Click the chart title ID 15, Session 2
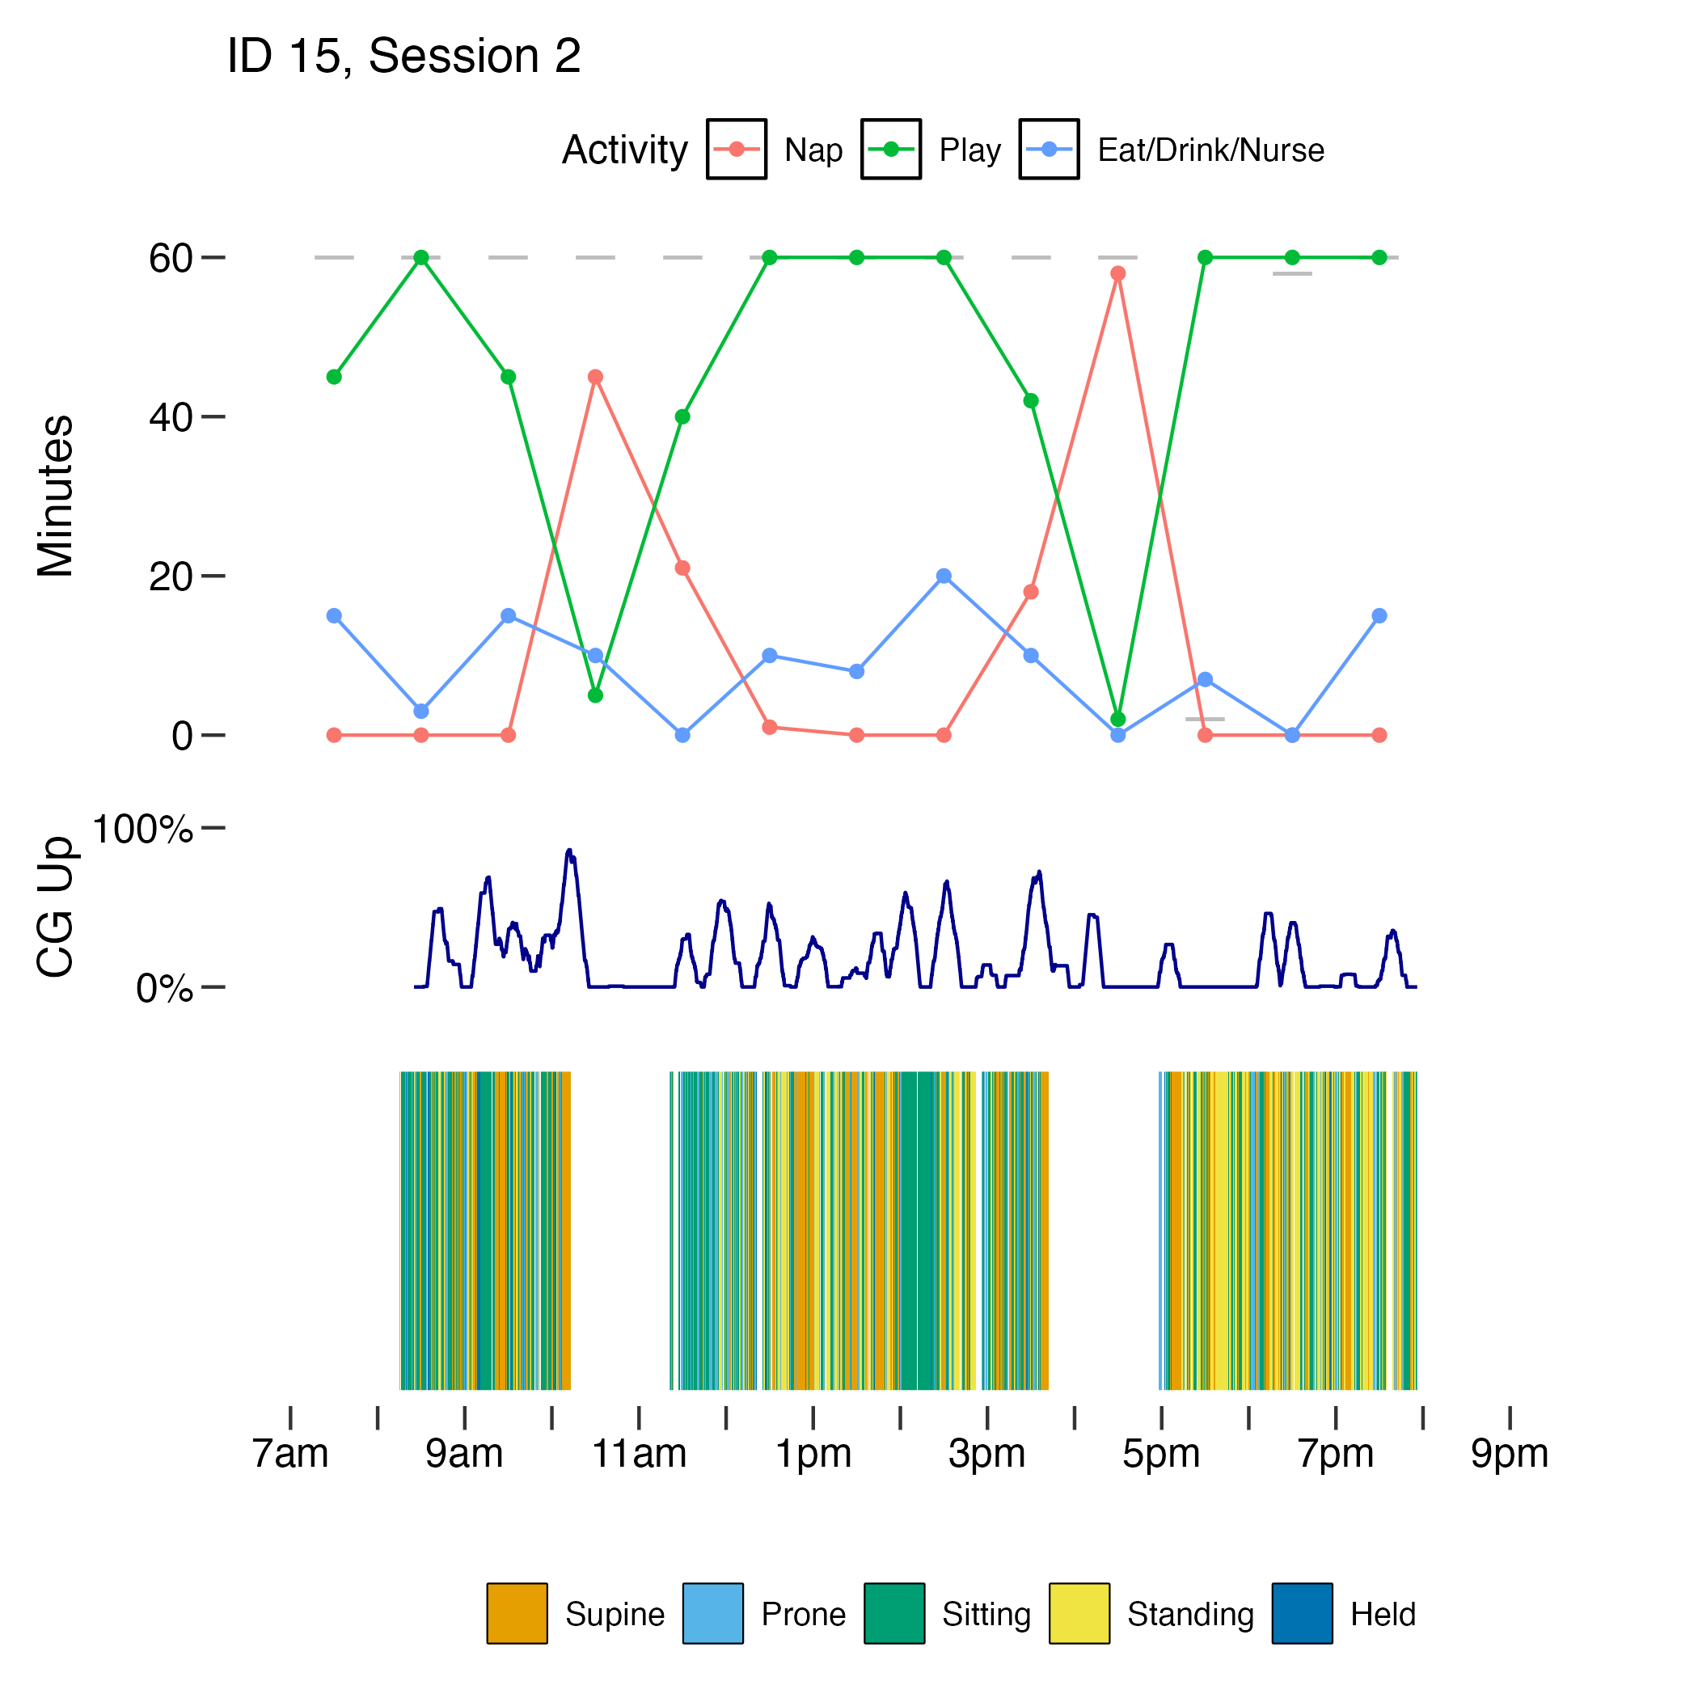pos(403,57)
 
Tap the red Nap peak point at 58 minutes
pos(1117,274)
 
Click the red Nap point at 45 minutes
pos(595,377)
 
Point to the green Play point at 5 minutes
pos(595,695)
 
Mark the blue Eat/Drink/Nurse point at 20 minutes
pos(943,576)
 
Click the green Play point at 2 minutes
pos(1117,719)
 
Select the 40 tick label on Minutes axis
pos(171,417)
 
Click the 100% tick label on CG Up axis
pos(141,829)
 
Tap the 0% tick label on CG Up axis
pos(164,990)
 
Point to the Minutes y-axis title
pos(55,496)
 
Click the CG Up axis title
pos(55,907)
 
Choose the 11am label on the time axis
pos(639,1455)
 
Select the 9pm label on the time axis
pos(1509,1455)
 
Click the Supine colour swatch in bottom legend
pos(517,1614)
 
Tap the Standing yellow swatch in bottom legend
pos(1079,1614)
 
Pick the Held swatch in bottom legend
pos(1302,1614)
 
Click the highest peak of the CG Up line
pos(568,851)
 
